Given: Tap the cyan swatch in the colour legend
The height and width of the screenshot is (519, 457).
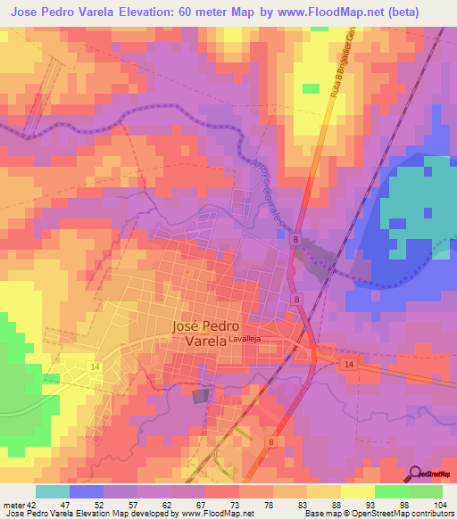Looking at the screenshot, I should (x=53, y=491).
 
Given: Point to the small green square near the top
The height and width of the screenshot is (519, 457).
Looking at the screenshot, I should (x=310, y=88).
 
